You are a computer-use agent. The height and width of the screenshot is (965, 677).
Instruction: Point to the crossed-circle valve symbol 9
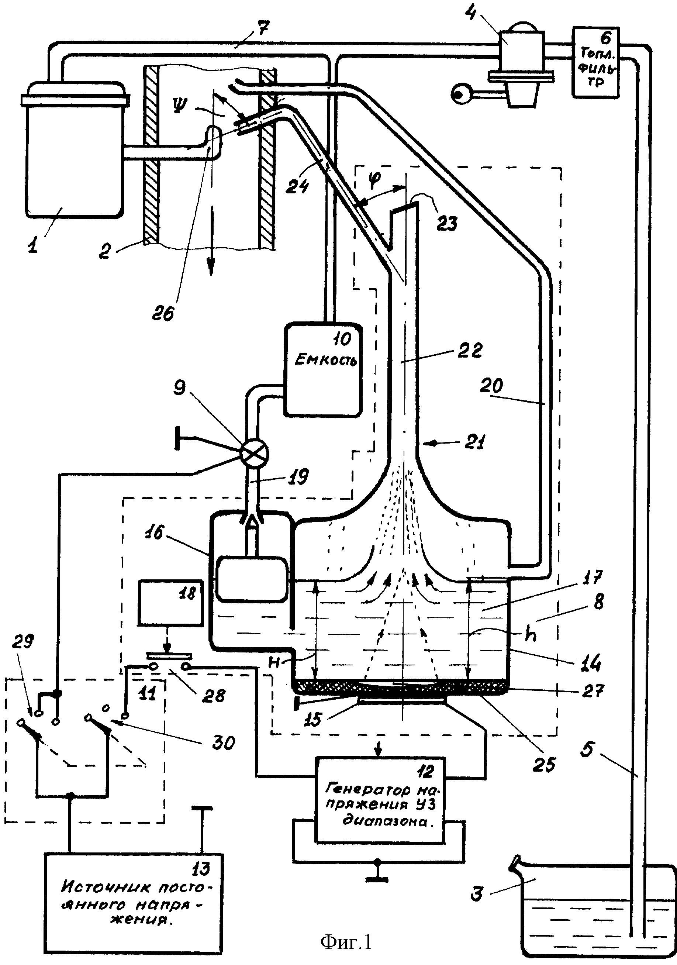click(253, 454)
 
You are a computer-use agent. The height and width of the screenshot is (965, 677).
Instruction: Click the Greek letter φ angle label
click(373, 179)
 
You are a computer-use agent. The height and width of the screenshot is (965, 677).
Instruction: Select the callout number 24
click(297, 185)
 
